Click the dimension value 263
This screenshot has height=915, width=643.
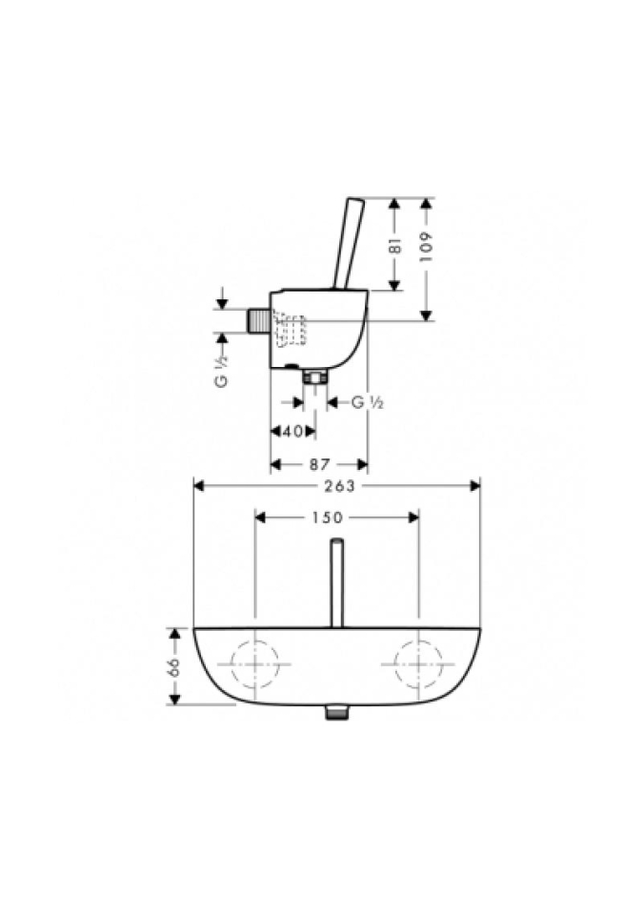[x=339, y=485]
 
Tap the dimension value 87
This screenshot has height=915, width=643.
[x=319, y=464]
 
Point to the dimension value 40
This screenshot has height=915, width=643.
[x=292, y=432]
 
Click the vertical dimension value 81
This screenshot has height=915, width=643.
[x=395, y=245]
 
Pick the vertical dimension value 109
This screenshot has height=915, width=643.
[x=427, y=247]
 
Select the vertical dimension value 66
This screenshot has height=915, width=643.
[x=174, y=666]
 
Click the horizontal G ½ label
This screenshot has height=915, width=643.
[x=367, y=402]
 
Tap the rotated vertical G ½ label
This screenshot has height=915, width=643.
[x=222, y=371]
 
